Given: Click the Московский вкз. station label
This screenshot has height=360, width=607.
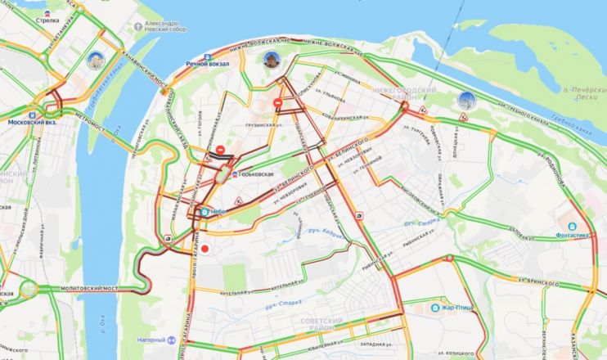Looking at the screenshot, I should click(x=30, y=123).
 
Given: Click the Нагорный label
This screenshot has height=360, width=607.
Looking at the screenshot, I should click(x=152, y=340).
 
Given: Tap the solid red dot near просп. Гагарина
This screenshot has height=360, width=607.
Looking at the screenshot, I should click(x=205, y=249).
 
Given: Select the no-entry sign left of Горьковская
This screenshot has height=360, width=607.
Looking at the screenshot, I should click(x=221, y=150).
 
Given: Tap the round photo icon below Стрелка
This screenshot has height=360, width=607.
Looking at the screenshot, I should click(x=94, y=59).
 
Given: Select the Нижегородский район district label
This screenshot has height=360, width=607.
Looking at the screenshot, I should click(x=404, y=91).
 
